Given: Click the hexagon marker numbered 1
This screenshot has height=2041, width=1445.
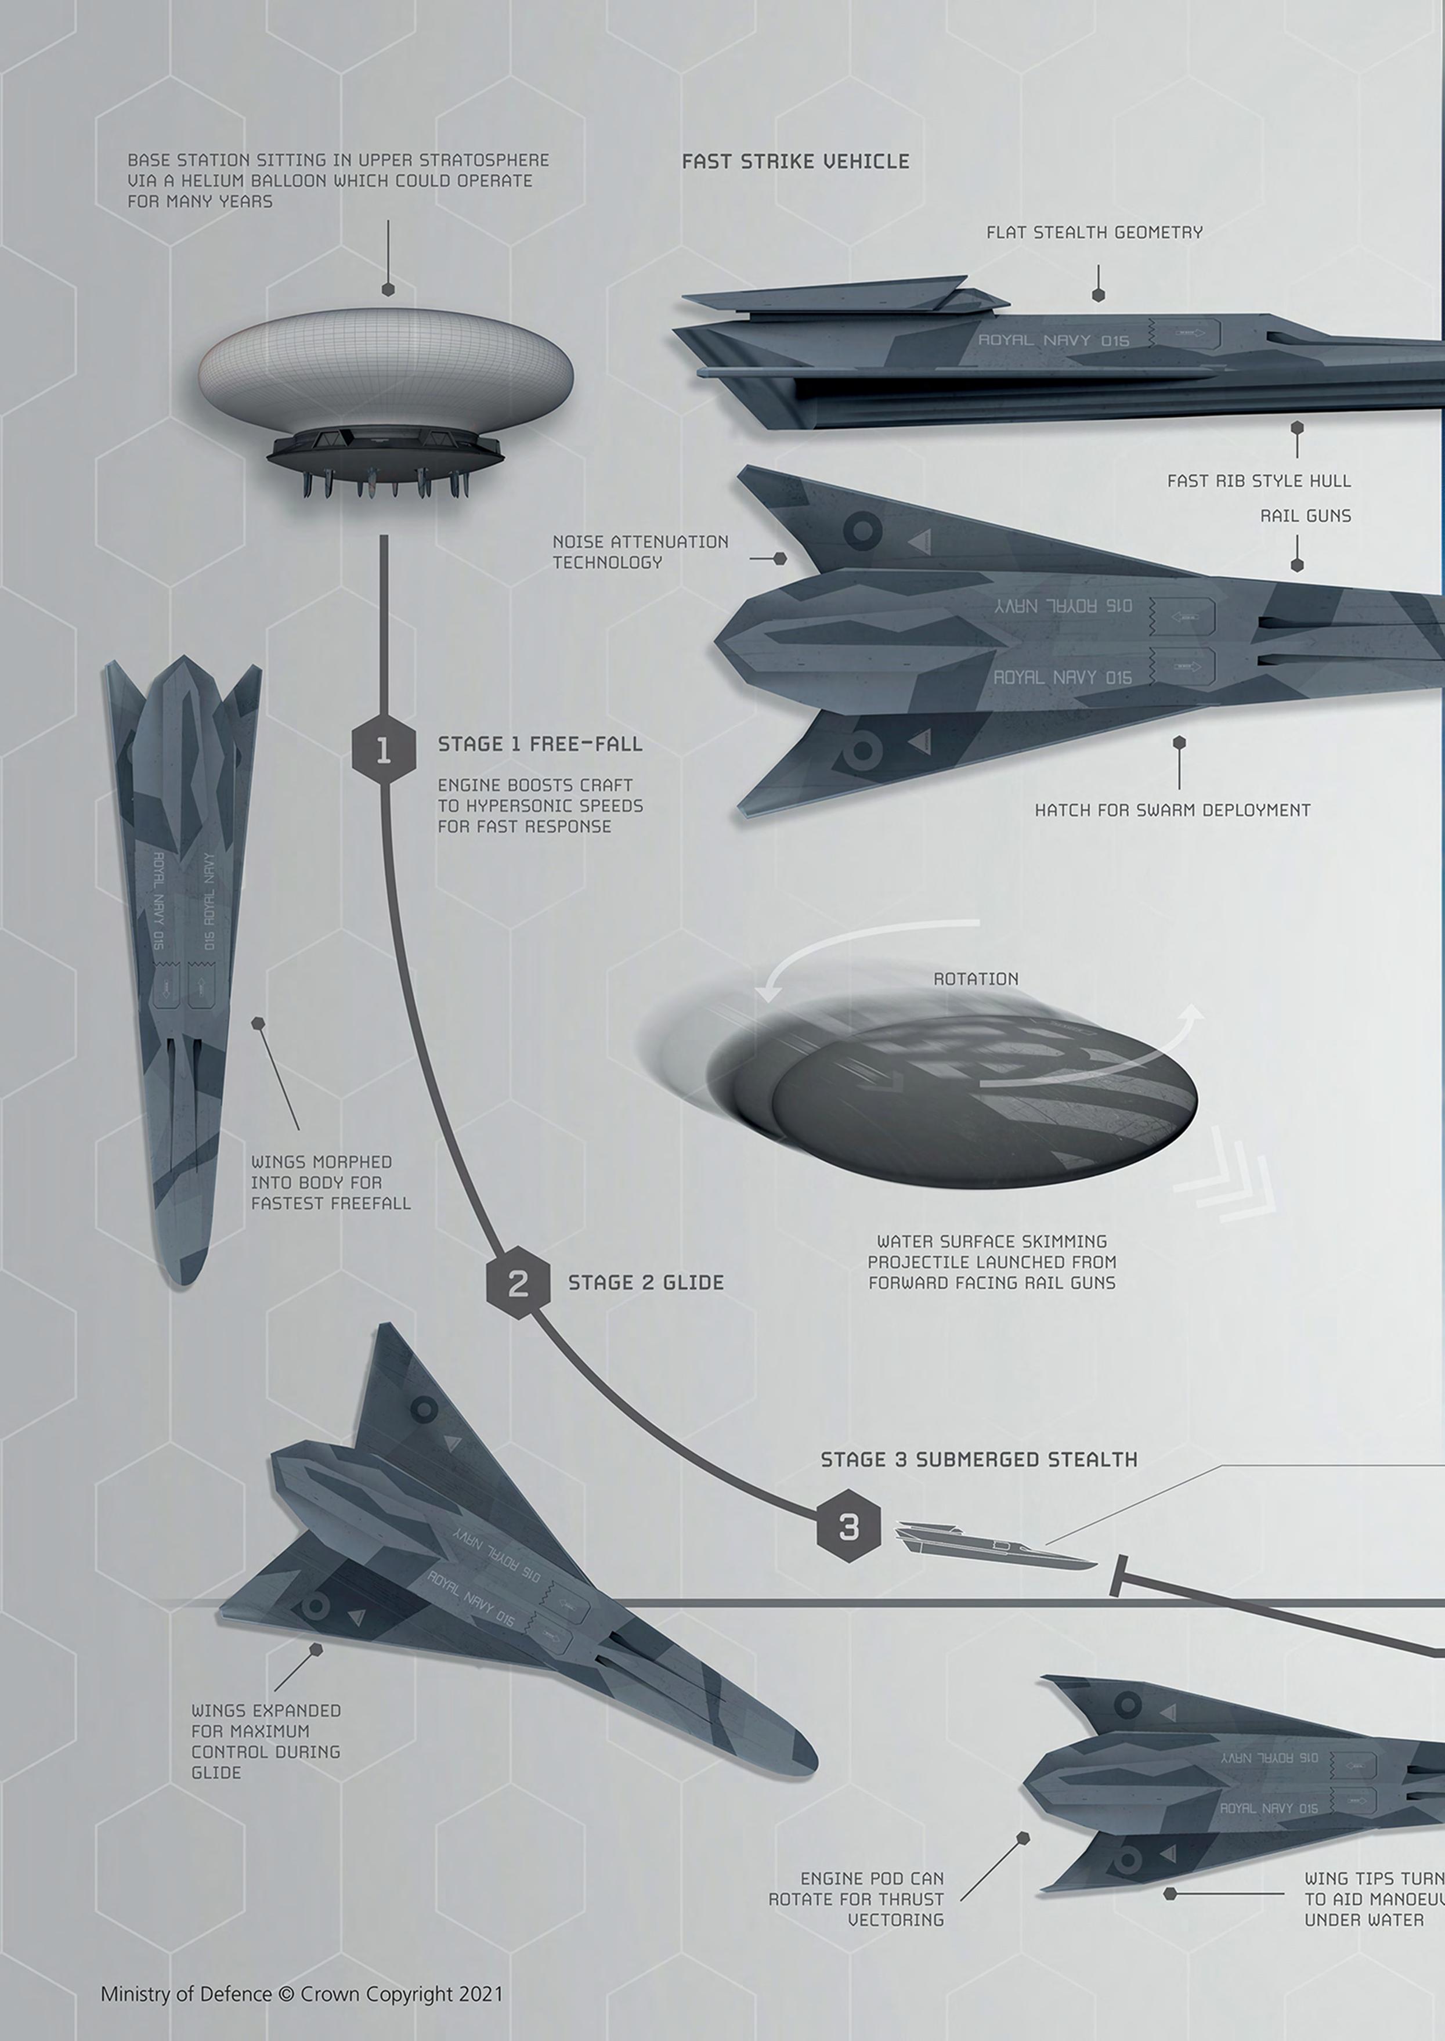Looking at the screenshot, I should point(384,750).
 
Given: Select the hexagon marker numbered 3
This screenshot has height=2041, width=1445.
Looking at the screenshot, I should point(849,1527).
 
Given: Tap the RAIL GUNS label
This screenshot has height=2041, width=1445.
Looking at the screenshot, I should point(1305,515).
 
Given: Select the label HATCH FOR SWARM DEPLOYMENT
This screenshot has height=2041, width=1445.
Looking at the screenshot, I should point(1172,810).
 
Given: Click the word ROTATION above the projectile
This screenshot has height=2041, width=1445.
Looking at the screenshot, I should point(975,978).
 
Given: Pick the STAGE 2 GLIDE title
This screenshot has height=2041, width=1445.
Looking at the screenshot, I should point(645,1282).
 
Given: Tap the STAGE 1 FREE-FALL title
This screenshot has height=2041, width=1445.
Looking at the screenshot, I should point(539,744).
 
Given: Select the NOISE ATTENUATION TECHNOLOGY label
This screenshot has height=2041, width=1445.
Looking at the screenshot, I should point(640,552).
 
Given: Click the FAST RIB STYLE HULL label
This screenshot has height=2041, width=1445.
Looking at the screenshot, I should point(1258,481).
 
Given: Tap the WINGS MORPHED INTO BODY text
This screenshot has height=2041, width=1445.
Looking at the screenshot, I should point(330,1183).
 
